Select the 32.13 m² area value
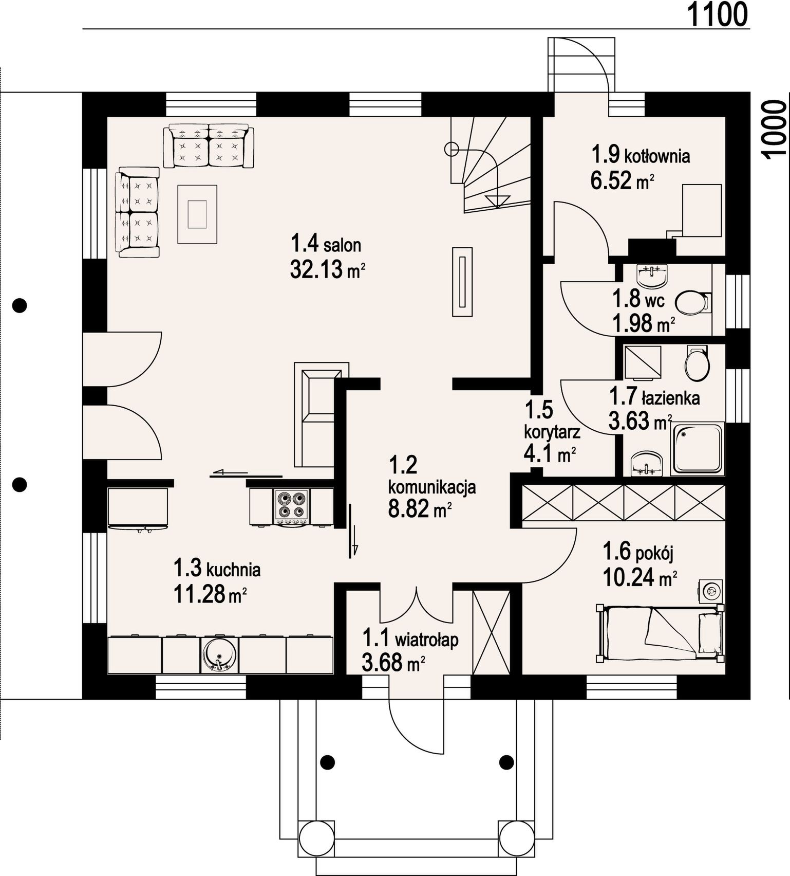[x=328, y=269]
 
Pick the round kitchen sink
[x=219, y=654]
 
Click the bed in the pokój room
[x=660, y=633]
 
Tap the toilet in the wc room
[x=691, y=303]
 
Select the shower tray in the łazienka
[x=698, y=449]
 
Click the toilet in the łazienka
[x=697, y=363]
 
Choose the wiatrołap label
[x=410, y=639]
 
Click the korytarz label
[x=552, y=432]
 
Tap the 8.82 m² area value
[x=420, y=509]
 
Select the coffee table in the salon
[x=197, y=214]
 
